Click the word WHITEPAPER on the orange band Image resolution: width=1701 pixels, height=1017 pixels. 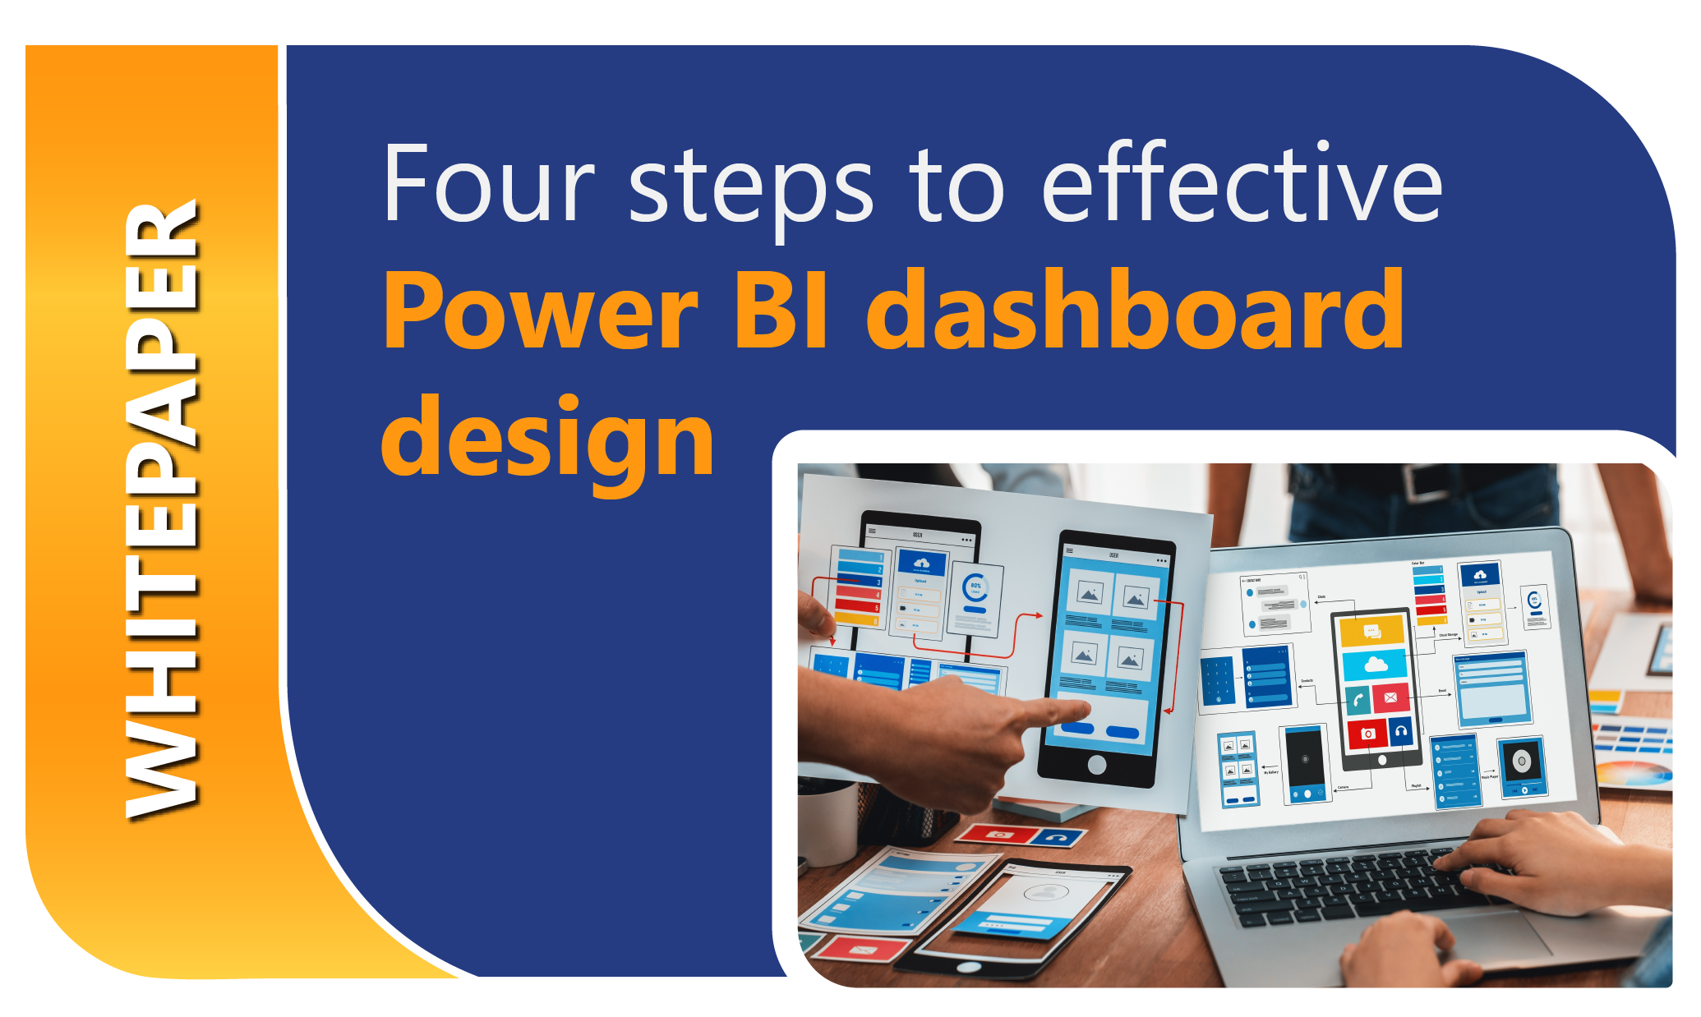pos(161,509)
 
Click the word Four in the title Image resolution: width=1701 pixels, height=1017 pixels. pos(489,185)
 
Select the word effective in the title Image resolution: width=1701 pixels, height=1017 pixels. pos(1242,185)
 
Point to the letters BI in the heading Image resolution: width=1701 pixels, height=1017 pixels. pos(781,311)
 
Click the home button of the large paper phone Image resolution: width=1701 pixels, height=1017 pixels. pos(1096,765)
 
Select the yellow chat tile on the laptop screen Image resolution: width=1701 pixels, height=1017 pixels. pos(1371,631)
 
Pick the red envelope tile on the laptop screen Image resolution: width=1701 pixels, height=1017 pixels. pos(1390,697)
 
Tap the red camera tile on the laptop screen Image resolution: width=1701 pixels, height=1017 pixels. pos(1367,733)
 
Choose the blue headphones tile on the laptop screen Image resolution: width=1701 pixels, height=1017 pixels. pos(1401,730)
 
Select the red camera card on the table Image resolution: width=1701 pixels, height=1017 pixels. pos(999,835)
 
